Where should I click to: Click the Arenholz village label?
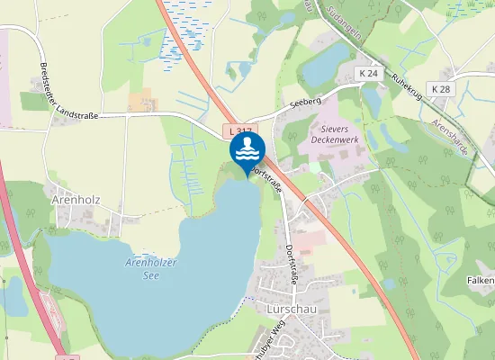pos(76,199)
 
